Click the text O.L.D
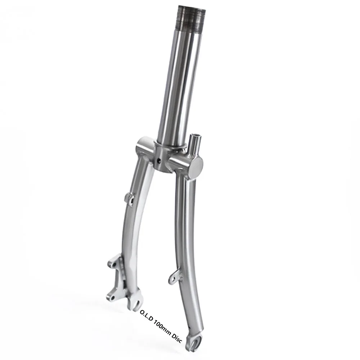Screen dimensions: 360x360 pos(146,316)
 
